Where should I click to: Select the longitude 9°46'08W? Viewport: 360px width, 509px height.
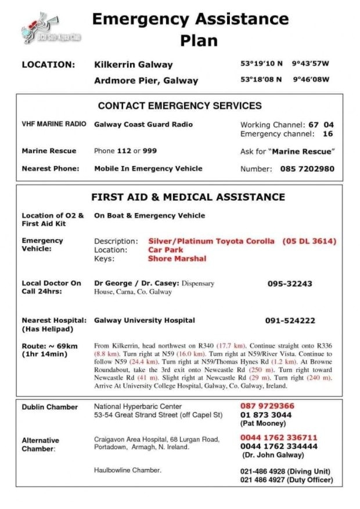pos(311,80)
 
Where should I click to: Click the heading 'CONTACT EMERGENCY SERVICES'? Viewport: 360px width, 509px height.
pos(179,106)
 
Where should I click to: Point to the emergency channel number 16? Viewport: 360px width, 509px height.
pos(327,134)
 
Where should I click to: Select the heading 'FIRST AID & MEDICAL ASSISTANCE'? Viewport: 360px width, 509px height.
pos(188,197)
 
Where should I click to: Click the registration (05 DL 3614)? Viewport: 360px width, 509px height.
pos(309,241)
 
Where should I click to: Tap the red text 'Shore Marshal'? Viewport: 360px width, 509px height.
pos(177,259)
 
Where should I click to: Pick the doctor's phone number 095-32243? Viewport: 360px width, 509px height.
pos(290,284)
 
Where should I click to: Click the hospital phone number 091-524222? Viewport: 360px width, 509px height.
pos(290,320)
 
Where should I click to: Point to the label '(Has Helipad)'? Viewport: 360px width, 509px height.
pos(46,330)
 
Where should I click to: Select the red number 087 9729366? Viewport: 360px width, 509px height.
pos(267,406)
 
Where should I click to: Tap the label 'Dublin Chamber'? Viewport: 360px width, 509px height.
pos(49,407)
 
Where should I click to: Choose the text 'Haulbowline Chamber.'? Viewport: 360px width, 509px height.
pos(128,470)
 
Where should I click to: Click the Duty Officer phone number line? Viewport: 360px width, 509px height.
pos(286,480)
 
